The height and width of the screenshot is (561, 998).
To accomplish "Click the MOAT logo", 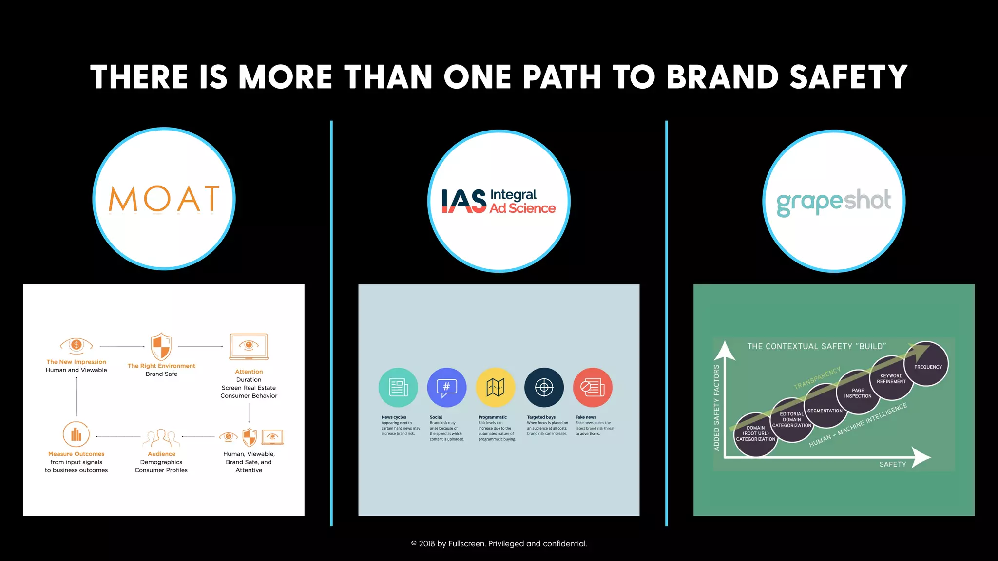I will (164, 199).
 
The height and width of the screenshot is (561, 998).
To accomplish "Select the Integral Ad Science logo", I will (499, 201).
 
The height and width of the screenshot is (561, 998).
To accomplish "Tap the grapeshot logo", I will (834, 201).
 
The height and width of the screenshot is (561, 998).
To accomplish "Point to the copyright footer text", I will (499, 543).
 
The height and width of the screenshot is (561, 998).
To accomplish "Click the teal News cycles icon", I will (398, 388).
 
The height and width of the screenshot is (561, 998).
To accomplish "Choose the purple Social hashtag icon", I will (446, 388).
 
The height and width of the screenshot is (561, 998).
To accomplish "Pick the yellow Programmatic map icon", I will (495, 388).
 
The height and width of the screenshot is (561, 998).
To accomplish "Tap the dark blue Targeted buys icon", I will (544, 388).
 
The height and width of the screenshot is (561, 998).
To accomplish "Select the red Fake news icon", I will (593, 388).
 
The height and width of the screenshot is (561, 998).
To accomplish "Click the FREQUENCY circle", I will (928, 365).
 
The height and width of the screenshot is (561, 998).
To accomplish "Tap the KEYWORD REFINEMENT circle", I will (891, 378).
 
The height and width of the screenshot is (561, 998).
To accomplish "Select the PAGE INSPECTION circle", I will (858, 393).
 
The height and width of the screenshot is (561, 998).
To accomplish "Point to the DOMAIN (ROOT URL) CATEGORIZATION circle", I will (755, 434).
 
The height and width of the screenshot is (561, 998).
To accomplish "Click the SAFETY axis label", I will (892, 464).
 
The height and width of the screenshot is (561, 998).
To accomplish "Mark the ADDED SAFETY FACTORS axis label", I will (716, 407).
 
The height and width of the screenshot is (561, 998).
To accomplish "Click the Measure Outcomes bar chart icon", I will (76, 434).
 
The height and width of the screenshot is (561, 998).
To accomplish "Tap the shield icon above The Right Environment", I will (161, 346).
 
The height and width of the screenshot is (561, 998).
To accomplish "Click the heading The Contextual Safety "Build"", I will (816, 346).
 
